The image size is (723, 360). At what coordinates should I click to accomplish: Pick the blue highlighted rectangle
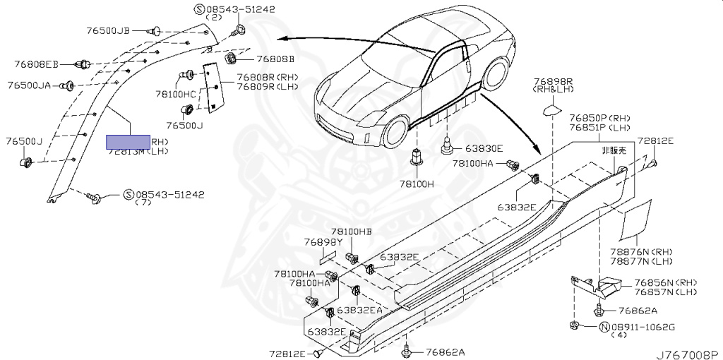128,141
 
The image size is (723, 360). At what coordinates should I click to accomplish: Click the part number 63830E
484,148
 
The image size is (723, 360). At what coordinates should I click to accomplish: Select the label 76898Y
323,241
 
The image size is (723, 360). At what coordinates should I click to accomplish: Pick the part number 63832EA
359,309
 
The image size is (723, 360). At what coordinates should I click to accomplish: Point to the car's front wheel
394,129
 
